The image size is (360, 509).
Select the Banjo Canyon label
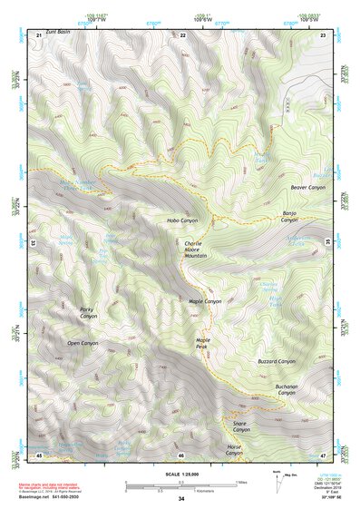coord(289,217)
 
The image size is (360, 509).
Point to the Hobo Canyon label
coord(181,220)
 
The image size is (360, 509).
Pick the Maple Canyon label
coord(204,300)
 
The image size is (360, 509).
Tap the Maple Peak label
coord(203,344)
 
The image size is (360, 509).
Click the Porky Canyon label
coord(87,312)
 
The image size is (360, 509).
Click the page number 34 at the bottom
coord(181,499)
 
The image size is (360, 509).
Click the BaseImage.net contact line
coord(53,499)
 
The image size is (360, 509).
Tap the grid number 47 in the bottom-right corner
coord(324,455)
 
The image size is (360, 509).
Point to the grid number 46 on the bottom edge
coord(181,455)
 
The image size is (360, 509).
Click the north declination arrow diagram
coord(278,479)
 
